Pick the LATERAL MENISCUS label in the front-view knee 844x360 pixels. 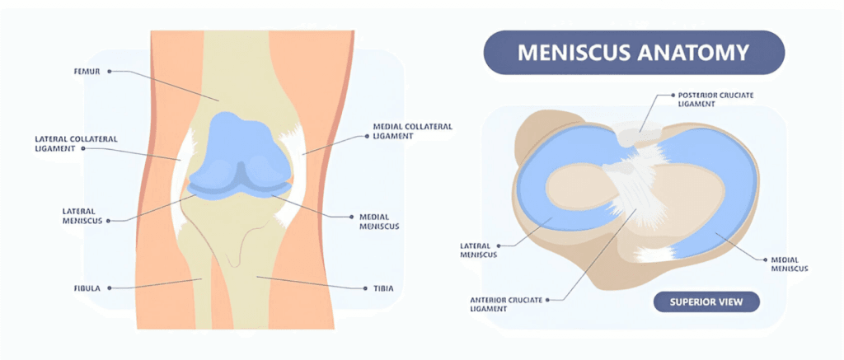coord(83,215)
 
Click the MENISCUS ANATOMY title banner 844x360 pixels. coord(633,54)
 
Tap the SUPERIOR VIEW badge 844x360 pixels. coord(706,302)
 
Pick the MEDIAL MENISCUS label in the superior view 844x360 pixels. coord(789,264)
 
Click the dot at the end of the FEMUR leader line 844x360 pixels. coord(110,72)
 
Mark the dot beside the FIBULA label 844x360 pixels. coord(110,288)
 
